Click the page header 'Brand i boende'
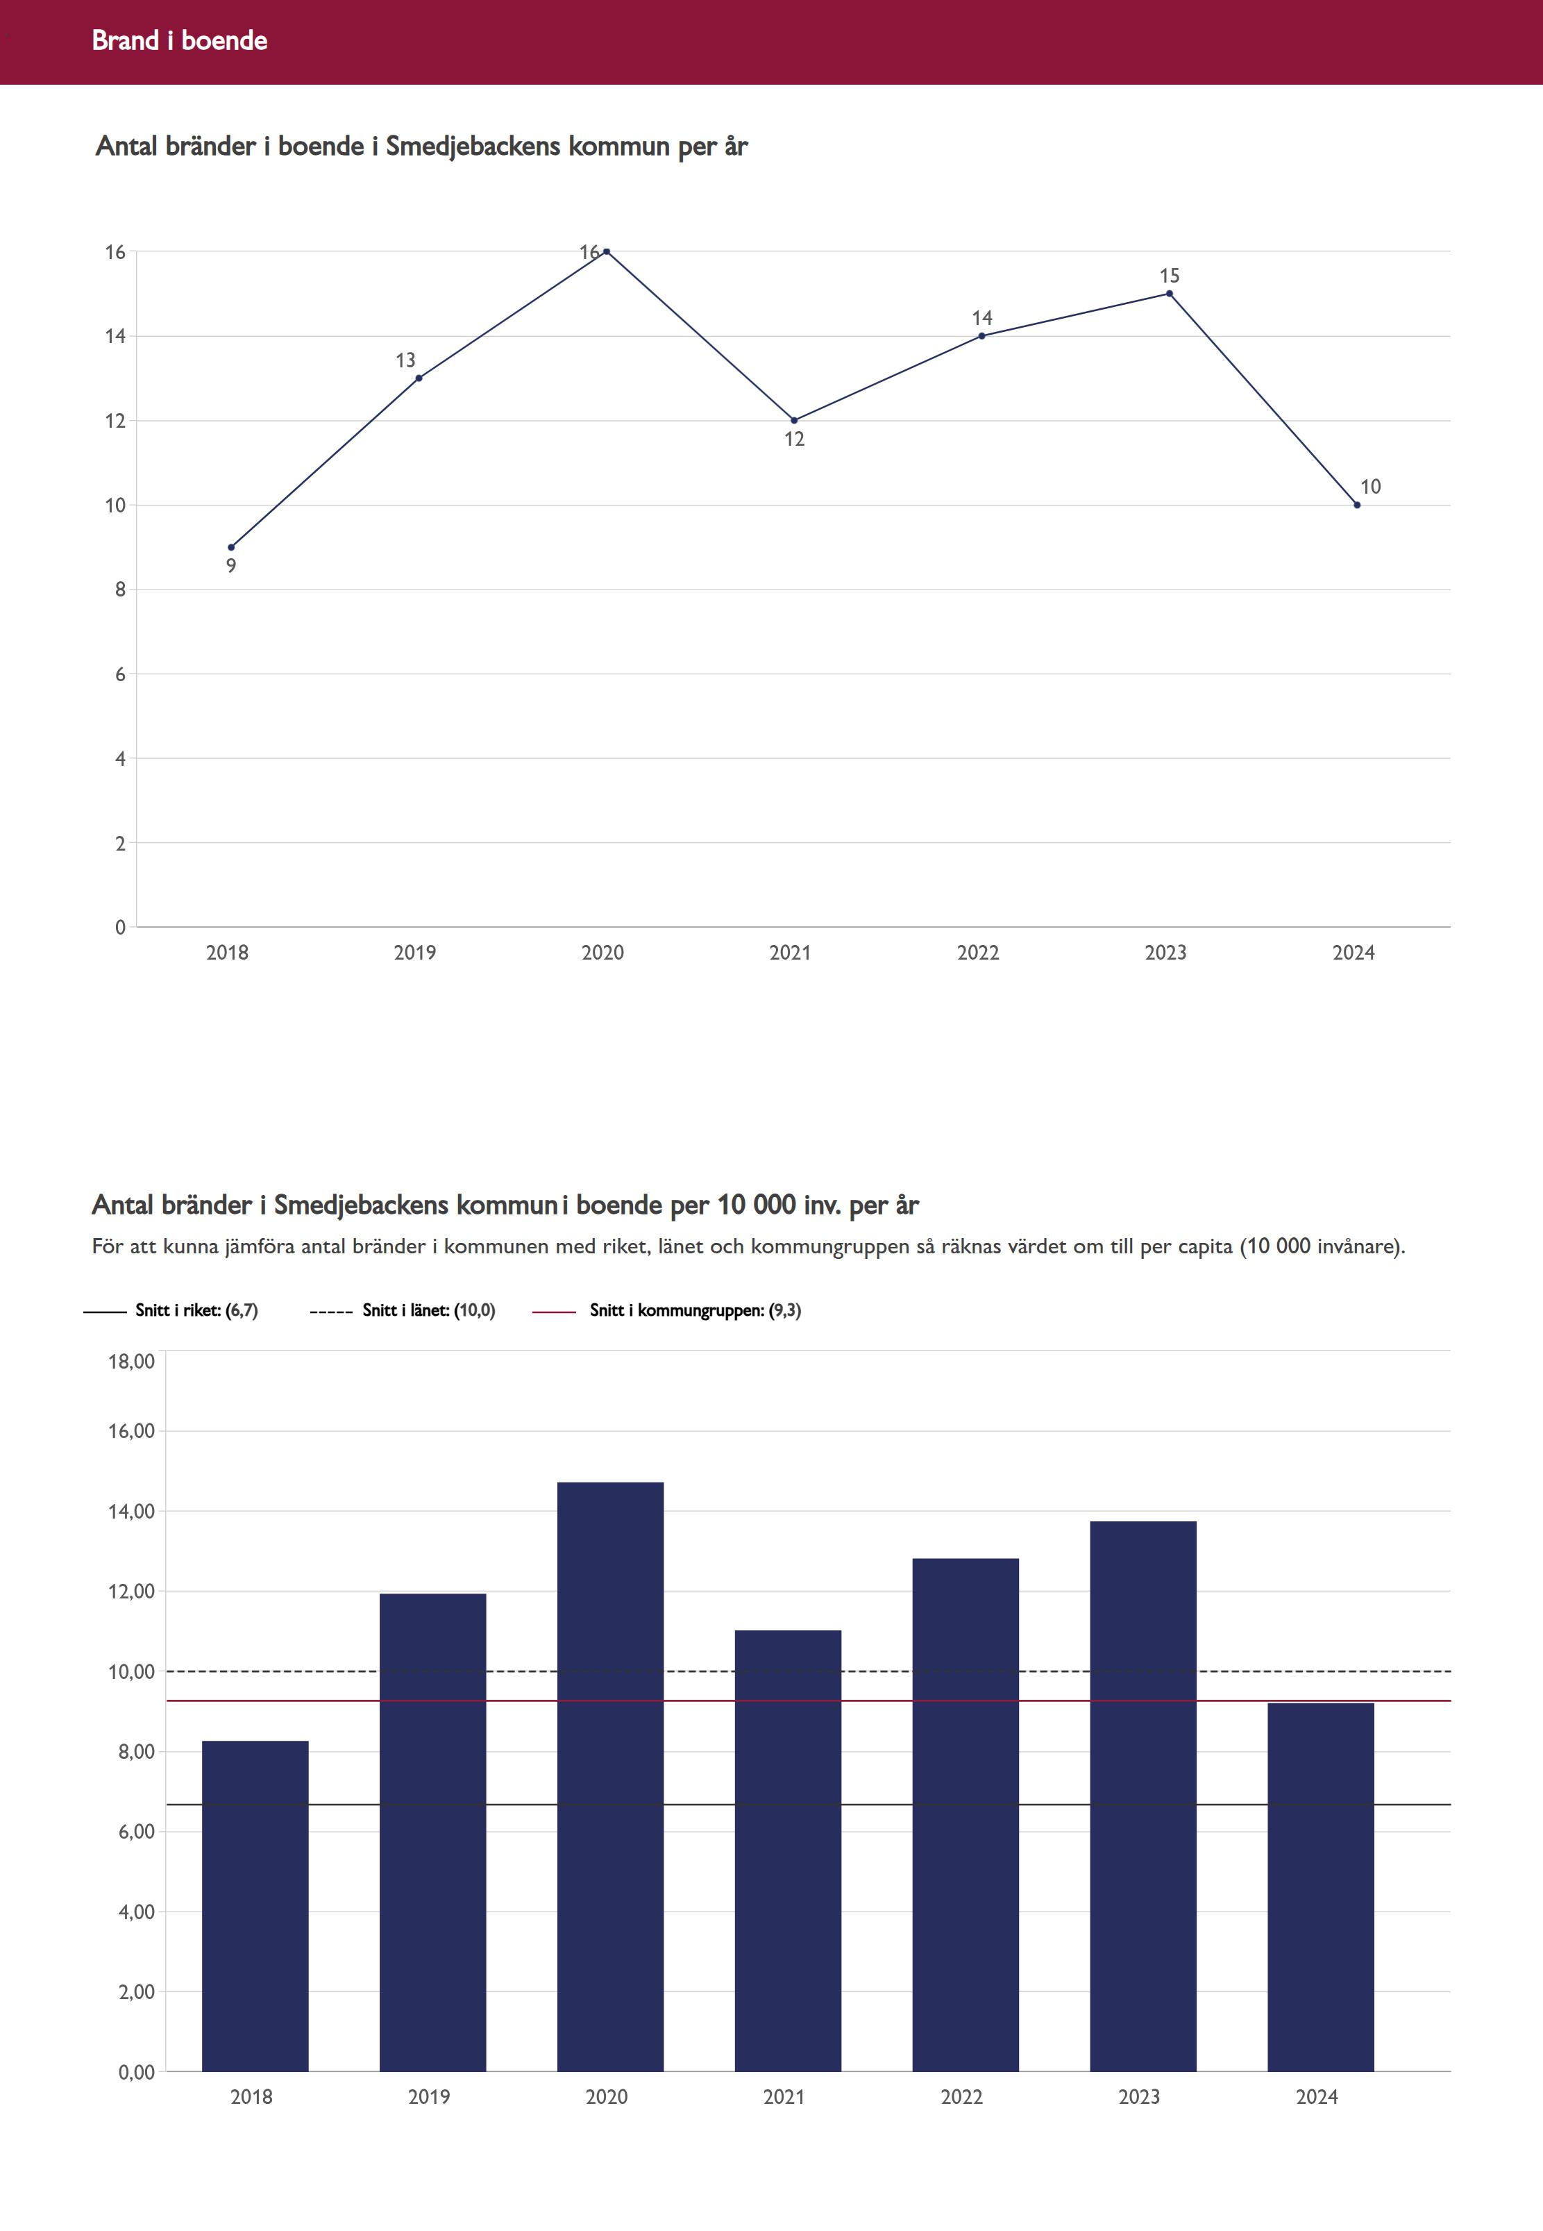(x=180, y=40)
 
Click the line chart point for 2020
(x=606, y=251)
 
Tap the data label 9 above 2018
(x=231, y=567)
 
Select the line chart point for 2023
(x=1170, y=294)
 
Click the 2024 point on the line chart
(x=1358, y=505)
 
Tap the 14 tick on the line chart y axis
(x=116, y=337)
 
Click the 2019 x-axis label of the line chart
(x=415, y=953)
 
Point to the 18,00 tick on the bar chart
(x=131, y=1362)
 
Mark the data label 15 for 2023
(x=1170, y=276)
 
